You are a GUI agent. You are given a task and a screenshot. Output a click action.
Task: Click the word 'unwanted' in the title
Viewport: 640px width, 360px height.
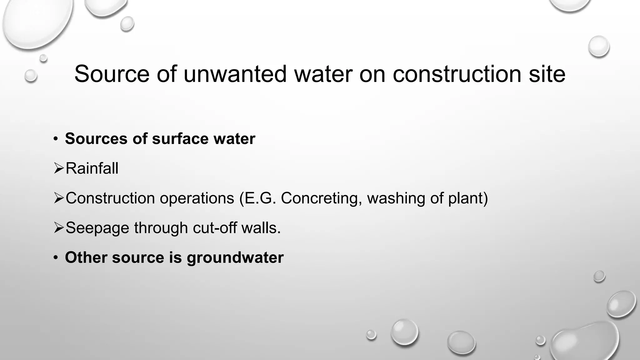coord(235,74)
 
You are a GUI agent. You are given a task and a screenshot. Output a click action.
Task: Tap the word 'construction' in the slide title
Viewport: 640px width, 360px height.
coord(457,74)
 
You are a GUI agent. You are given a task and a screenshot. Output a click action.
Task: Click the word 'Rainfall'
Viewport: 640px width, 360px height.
coord(92,168)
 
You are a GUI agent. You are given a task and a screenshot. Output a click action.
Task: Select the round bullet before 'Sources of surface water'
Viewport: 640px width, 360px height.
coord(56,139)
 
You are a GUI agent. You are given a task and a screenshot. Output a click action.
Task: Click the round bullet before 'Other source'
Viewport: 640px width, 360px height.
coord(56,257)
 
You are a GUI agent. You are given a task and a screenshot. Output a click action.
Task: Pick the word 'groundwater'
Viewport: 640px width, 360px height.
coord(235,258)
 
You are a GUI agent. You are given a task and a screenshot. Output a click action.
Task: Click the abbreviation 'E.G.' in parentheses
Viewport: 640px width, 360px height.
coord(258,198)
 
